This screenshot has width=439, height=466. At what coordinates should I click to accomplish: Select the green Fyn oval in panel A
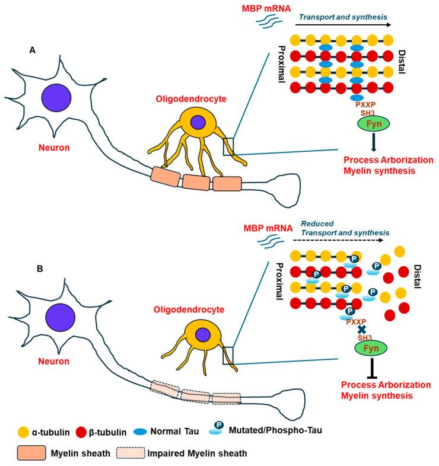pyautogui.click(x=356, y=124)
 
